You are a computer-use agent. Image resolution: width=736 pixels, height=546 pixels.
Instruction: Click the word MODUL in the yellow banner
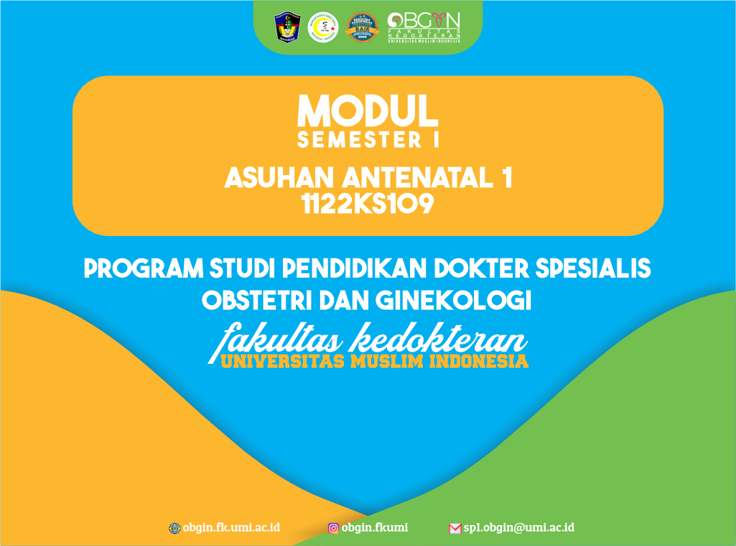[368, 110]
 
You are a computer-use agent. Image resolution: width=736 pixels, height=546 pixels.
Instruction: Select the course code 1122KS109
[368, 205]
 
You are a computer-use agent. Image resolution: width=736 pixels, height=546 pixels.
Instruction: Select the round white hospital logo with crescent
[322, 27]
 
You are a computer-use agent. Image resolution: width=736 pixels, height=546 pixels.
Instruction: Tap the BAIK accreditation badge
[362, 27]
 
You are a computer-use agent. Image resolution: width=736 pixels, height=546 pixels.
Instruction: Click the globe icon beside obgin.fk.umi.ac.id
[174, 528]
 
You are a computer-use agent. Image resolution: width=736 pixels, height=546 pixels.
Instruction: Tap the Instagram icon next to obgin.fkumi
[334, 528]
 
